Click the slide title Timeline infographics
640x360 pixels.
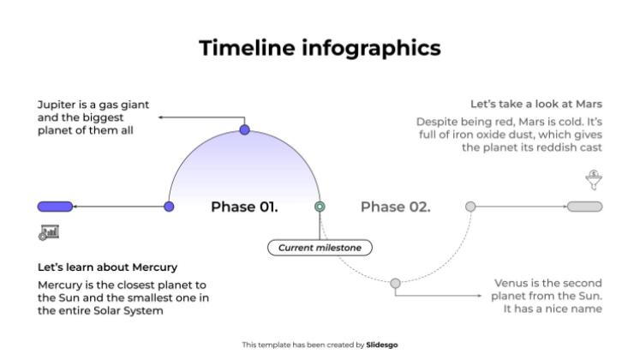click(320, 49)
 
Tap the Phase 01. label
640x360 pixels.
click(244, 207)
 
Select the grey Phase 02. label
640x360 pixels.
click(395, 207)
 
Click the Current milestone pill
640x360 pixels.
click(320, 248)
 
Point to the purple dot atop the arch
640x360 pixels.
click(244, 130)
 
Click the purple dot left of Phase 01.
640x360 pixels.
click(169, 207)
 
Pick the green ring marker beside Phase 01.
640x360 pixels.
click(320, 207)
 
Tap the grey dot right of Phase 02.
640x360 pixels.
click(470, 207)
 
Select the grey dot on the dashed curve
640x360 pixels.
click(395, 283)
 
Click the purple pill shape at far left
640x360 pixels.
click(55, 207)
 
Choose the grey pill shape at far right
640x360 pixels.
click(585, 207)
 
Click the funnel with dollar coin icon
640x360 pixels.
click(592, 180)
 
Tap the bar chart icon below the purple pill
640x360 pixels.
click(48, 231)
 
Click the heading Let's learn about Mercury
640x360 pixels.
click(107, 267)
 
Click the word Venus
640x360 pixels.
click(512, 283)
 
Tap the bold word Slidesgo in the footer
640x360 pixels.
click(382, 345)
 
